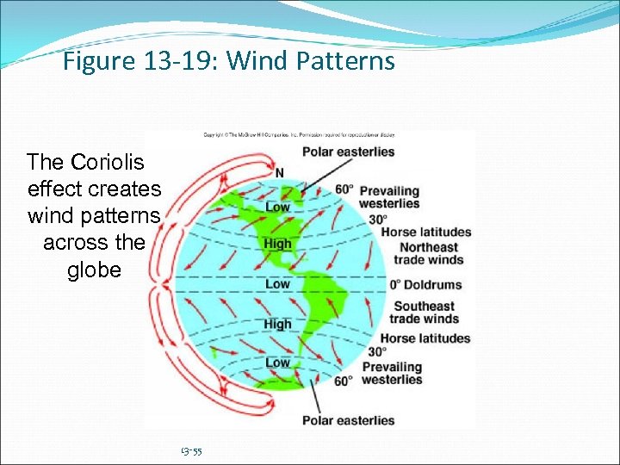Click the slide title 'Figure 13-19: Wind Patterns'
(x=229, y=62)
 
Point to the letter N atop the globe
(x=278, y=172)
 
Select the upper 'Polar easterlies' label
(x=348, y=152)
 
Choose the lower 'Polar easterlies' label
(x=348, y=421)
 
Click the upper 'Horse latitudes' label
(x=426, y=232)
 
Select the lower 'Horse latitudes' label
(x=425, y=338)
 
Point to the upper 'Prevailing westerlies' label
(x=389, y=197)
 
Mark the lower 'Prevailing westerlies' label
(x=392, y=374)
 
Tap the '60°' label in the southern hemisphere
(x=344, y=381)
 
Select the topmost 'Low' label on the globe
(x=277, y=208)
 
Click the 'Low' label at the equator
(x=277, y=284)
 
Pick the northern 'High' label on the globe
(x=277, y=245)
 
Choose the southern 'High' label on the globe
(x=277, y=325)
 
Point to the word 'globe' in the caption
(x=94, y=270)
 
